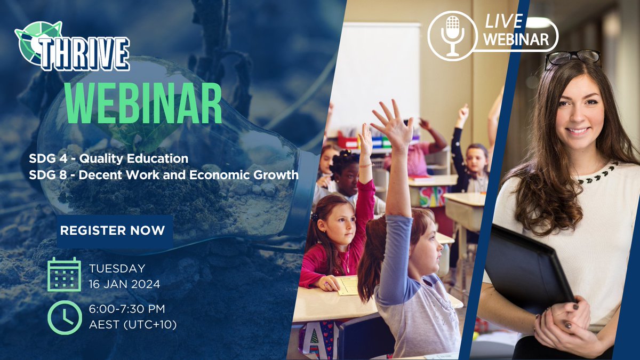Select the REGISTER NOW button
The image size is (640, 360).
tap(113, 230)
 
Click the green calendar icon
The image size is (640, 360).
tap(64, 274)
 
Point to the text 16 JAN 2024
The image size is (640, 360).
tap(124, 284)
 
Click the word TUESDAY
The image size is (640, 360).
tap(117, 268)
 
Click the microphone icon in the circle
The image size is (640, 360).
tap(452, 35)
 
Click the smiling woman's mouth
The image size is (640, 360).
tap(578, 130)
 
